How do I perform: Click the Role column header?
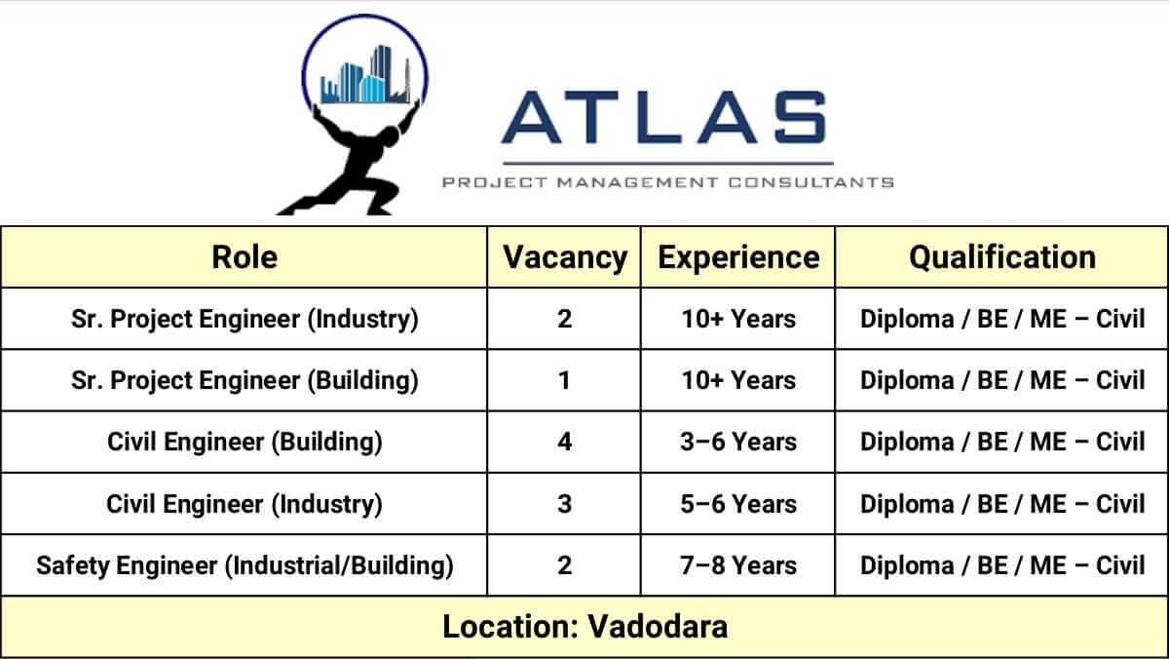(x=245, y=257)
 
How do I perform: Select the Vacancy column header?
(x=565, y=258)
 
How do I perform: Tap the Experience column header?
(x=738, y=258)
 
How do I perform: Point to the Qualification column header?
(x=1002, y=257)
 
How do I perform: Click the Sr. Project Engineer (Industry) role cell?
(x=245, y=319)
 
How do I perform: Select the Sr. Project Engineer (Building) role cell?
(x=245, y=380)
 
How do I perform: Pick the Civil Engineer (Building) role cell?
(x=245, y=442)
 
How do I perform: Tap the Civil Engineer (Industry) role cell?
(x=245, y=504)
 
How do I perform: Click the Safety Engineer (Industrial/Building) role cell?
(x=245, y=565)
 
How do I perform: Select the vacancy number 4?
(x=565, y=442)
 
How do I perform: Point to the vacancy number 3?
(x=565, y=504)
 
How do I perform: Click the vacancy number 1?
(x=564, y=380)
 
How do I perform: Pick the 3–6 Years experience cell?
(x=738, y=442)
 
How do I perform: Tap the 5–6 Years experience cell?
(x=738, y=504)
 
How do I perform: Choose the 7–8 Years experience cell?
(x=738, y=565)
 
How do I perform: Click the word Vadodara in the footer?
(x=658, y=627)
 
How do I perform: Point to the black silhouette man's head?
(x=389, y=138)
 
